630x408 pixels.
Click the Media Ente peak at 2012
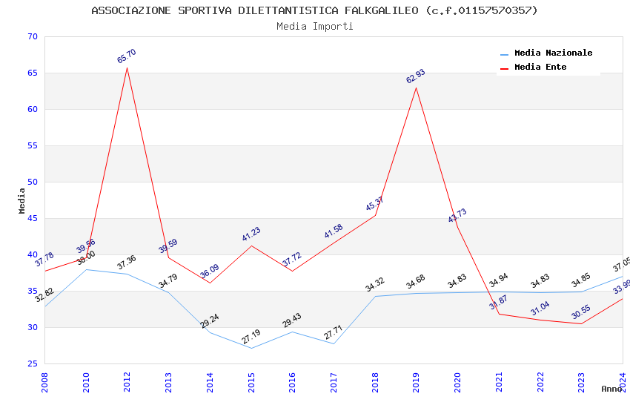tap(127, 68)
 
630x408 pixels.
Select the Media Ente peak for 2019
tap(417, 88)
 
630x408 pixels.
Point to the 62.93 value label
tap(415, 76)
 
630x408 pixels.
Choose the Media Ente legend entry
tap(540, 68)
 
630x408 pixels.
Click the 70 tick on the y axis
tap(31, 37)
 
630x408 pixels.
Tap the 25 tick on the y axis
tap(31, 363)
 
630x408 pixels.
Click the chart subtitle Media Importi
tap(315, 27)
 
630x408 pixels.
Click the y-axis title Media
tap(22, 200)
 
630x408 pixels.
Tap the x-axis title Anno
tap(611, 389)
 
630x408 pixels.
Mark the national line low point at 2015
tap(251, 348)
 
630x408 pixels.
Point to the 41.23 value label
tap(251, 234)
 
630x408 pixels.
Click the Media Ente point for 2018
tap(375, 215)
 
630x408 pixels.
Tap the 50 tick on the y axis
tap(31, 182)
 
